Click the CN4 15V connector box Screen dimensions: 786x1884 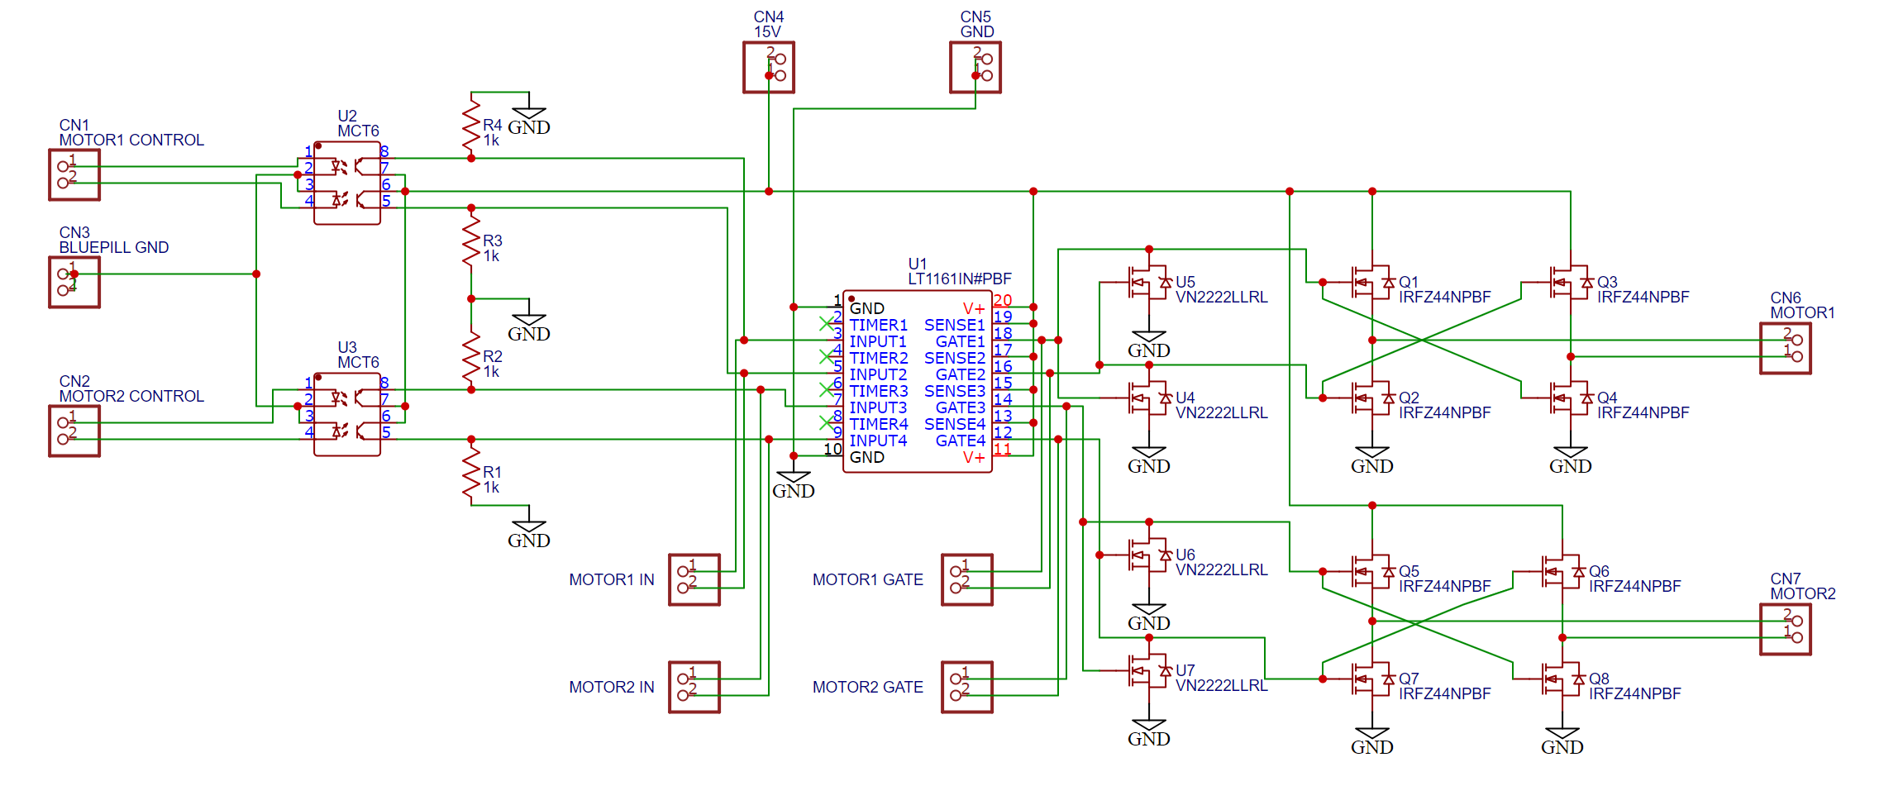(769, 67)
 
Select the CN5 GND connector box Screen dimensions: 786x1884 (975, 67)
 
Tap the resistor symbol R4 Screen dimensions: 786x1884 (471, 124)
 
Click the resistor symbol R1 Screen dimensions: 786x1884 (471, 471)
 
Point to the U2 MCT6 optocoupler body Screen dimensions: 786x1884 (347, 183)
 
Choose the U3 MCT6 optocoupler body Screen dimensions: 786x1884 (347, 414)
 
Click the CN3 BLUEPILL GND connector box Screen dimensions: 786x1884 (74, 282)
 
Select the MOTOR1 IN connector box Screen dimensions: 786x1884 (694, 579)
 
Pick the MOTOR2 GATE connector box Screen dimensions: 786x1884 (967, 687)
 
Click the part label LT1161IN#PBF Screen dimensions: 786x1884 (959, 279)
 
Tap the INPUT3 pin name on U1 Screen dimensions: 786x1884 (878, 407)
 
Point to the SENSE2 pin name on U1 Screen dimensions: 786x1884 (955, 358)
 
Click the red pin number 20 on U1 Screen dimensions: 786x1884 (1003, 300)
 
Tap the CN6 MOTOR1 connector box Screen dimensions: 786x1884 (1786, 348)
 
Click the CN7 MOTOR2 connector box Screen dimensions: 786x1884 (1786, 629)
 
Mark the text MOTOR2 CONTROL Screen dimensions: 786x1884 (131, 396)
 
